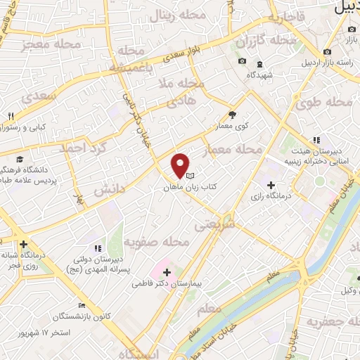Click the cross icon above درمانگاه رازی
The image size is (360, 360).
coord(271,184)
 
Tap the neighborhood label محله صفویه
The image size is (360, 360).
coord(157,243)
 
